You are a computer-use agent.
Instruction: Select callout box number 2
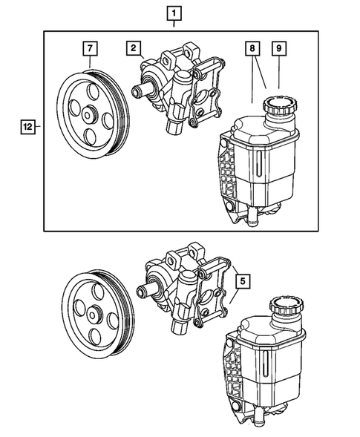click(x=134, y=49)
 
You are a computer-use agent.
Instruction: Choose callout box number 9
click(x=280, y=49)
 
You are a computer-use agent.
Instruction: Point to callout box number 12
click(x=26, y=127)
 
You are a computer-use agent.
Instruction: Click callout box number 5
click(x=243, y=281)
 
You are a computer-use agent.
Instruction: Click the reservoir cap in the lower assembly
click(x=284, y=304)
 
